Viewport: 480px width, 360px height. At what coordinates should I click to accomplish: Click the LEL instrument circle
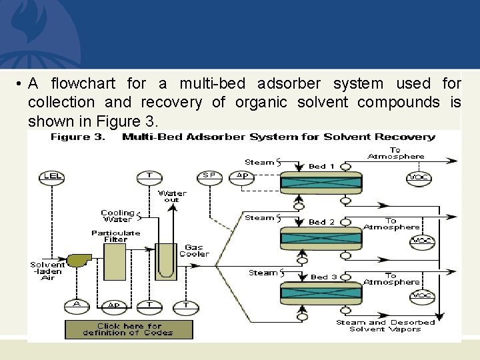52,176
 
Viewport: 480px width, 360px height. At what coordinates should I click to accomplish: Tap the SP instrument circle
209,176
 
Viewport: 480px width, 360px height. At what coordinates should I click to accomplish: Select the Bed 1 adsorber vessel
321,181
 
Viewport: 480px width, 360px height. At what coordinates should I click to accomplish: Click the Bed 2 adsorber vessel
321,237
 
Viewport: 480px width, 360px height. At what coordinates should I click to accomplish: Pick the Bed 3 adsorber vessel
321,292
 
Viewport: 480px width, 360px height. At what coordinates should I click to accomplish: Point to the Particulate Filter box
115,261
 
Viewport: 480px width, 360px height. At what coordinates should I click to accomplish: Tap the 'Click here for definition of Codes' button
129,329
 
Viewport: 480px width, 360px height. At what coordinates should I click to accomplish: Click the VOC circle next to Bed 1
419,178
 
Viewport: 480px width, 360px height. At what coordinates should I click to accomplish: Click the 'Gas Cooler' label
194,250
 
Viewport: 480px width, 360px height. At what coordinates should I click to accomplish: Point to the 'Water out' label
172,196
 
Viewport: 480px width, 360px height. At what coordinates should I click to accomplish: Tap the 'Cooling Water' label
117,216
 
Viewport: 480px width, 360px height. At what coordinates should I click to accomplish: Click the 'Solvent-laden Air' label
47,271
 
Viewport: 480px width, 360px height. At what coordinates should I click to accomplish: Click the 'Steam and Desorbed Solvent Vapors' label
385,325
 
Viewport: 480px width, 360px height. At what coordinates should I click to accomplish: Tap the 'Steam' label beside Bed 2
259,218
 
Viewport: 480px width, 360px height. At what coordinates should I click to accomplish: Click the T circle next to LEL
149,176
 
